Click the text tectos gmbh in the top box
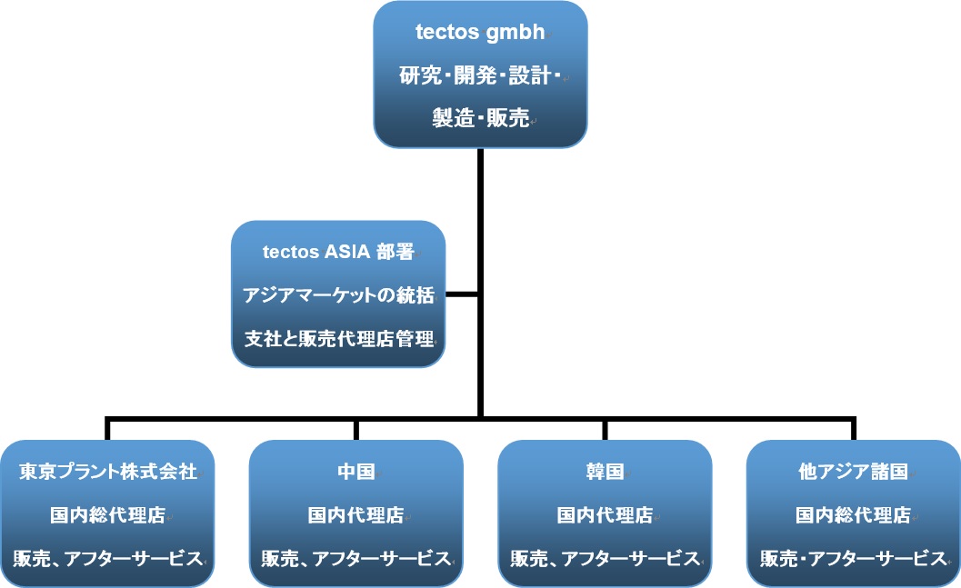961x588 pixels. coord(480,32)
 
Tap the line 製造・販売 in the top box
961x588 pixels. coord(480,117)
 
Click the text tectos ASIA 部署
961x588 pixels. coord(337,252)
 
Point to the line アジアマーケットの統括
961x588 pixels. coord(338,295)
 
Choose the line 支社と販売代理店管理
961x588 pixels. coord(339,339)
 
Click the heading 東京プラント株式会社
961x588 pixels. coord(108,471)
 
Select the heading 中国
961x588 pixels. coord(356,471)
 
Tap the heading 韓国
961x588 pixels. coord(605,471)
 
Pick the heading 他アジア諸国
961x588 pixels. coord(853,471)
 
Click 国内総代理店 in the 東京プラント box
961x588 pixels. coord(108,515)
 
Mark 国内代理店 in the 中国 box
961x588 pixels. coord(356,515)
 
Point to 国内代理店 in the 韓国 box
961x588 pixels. coord(605,515)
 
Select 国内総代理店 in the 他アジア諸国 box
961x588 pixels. coord(853,515)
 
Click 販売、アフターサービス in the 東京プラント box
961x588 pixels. coord(108,559)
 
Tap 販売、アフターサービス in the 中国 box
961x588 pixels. coord(356,559)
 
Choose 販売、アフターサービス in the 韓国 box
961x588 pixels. coord(605,559)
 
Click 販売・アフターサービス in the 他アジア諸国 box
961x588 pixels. coord(853,559)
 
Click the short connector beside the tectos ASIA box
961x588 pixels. coord(462,294)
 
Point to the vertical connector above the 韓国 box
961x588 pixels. coord(605,430)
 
